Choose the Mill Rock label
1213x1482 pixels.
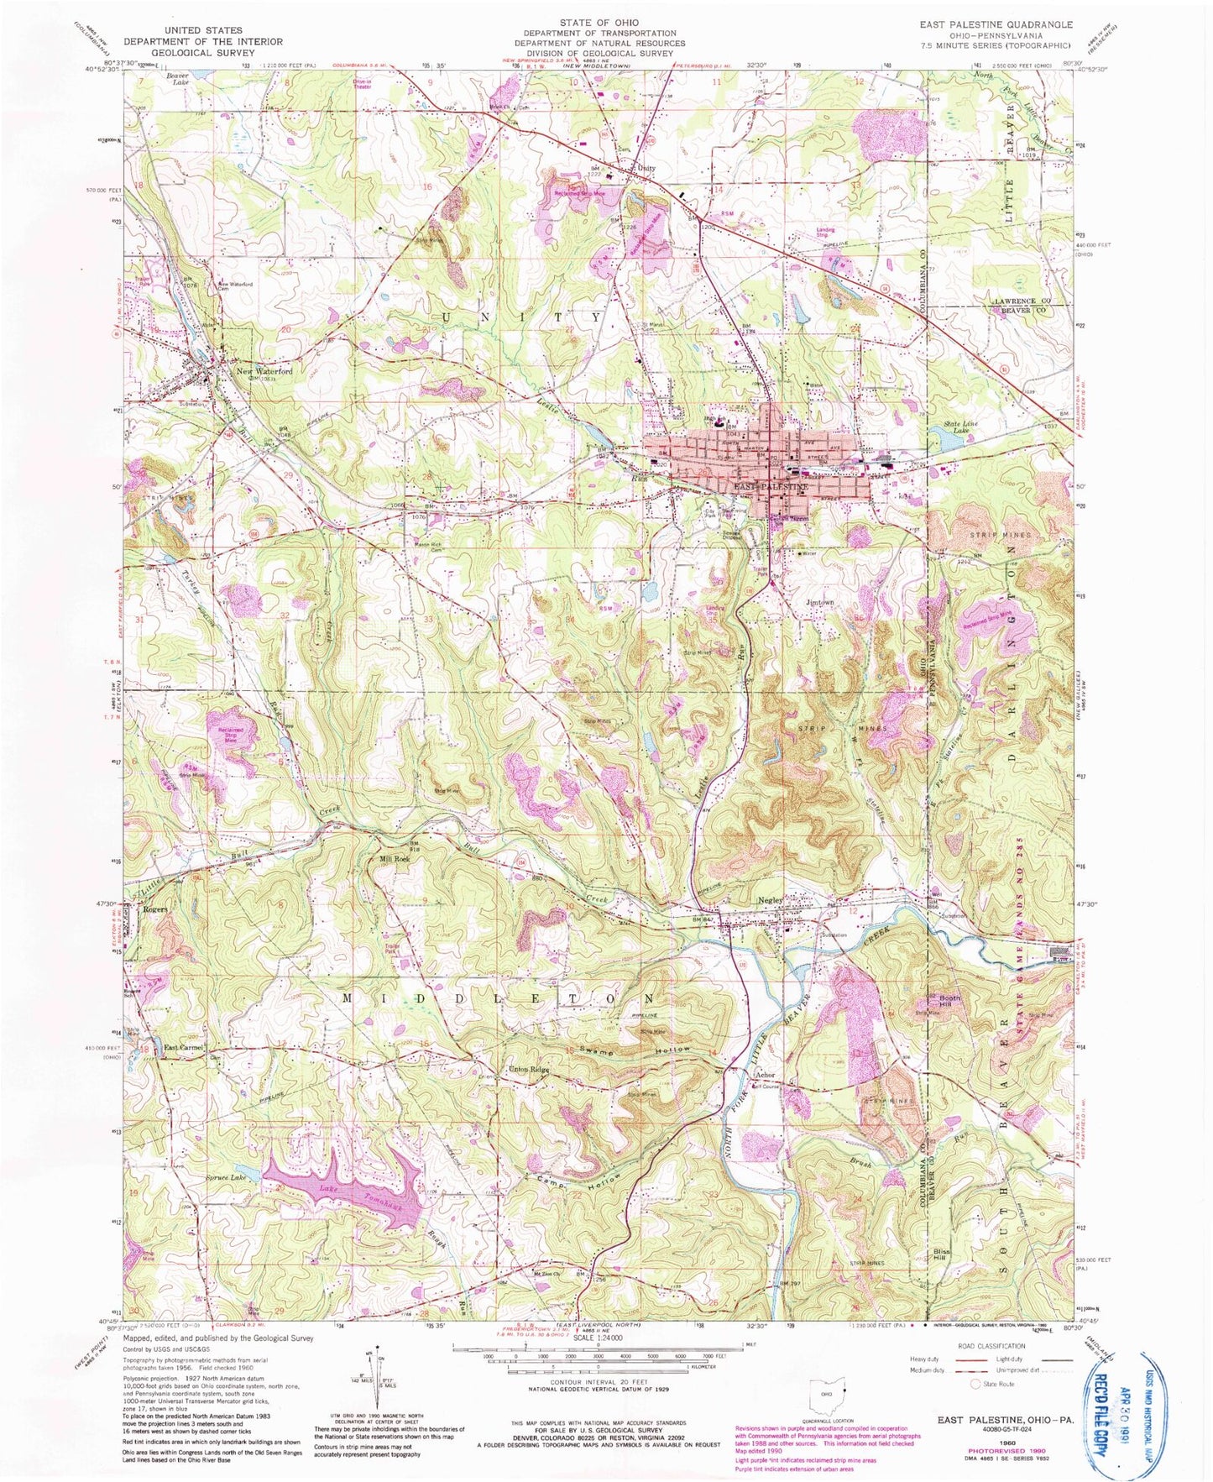[x=395, y=859]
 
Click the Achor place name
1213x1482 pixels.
[x=764, y=1076]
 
